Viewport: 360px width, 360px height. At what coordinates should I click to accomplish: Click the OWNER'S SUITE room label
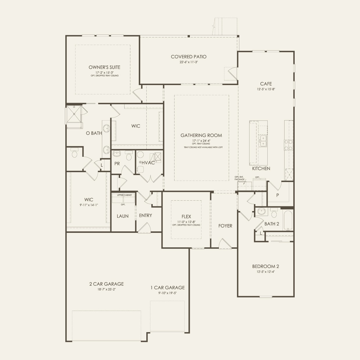tap(104, 67)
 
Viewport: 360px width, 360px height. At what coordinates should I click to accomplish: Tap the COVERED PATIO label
tap(188, 57)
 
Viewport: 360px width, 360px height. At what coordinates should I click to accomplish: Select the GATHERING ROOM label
tap(201, 135)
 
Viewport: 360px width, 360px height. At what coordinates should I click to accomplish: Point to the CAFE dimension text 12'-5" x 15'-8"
tap(266, 89)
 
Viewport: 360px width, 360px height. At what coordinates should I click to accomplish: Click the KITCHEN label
tap(261, 168)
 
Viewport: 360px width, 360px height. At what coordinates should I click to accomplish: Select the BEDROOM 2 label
tap(266, 266)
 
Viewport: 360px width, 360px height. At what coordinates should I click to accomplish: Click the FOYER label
tap(225, 226)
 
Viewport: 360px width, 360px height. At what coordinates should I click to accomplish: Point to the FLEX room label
tap(186, 217)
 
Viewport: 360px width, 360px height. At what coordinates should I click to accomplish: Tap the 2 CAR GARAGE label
tap(106, 284)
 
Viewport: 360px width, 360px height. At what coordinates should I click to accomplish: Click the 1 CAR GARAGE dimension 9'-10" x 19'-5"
tap(168, 293)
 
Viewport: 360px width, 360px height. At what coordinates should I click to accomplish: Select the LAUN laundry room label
tap(123, 216)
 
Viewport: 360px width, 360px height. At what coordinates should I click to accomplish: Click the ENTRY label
tap(145, 215)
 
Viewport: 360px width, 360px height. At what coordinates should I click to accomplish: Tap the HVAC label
tap(148, 163)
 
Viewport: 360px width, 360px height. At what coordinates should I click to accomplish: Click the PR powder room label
tap(117, 164)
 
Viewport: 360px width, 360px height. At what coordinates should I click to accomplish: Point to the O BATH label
tap(94, 133)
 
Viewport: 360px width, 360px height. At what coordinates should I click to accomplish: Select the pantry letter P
tap(278, 195)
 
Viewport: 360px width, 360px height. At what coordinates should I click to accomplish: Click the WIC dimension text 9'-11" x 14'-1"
tap(89, 205)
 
